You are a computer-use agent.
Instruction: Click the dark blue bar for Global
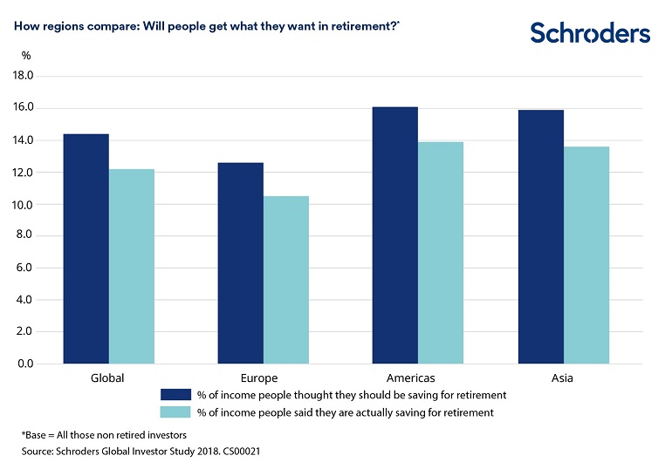(x=86, y=248)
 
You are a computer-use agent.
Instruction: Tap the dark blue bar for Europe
(x=240, y=262)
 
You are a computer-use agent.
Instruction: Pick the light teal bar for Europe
(x=286, y=279)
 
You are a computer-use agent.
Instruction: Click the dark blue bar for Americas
(x=394, y=235)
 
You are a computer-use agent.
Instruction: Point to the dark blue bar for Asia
(x=540, y=236)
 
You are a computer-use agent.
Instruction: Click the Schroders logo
(x=590, y=33)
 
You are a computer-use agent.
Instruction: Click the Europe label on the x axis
(x=259, y=378)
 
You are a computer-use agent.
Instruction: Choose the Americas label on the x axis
(x=410, y=378)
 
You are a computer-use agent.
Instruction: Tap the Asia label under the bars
(x=562, y=378)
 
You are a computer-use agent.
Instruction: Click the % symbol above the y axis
(x=26, y=56)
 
